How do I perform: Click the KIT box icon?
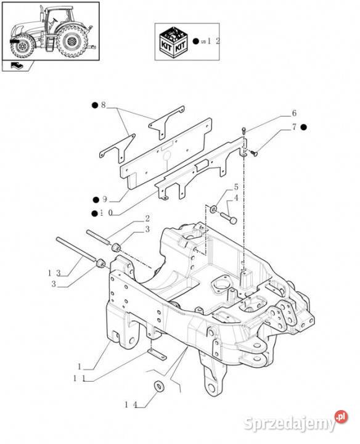click(x=173, y=42)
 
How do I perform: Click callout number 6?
click(x=294, y=113)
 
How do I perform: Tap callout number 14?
click(x=131, y=405)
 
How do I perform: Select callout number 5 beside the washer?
click(x=236, y=187)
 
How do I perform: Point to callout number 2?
click(x=147, y=218)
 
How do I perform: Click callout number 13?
click(x=54, y=273)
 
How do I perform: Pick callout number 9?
click(x=105, y=199)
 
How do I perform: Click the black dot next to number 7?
click(x=304, y=128)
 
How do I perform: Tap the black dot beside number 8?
click(x=94, y=105)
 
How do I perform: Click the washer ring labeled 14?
click(x=160, y=386)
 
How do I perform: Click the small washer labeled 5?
click(x=213, y=209)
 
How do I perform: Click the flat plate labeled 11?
click(x=156, y=355)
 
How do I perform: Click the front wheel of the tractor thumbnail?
click(x=22, y=46)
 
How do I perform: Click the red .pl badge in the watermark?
click(x=341, y=417)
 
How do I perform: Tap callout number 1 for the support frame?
click(x=80, y=367)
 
